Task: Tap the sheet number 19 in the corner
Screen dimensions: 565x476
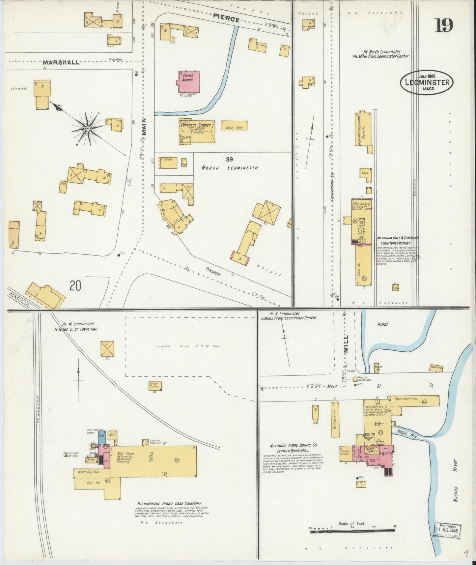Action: (443, 25)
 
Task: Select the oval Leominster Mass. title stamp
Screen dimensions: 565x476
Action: (427, 83)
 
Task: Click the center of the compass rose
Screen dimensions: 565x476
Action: (88, 128)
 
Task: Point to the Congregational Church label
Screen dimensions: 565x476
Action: (197, 125)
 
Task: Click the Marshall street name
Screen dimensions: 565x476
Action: (61, 62)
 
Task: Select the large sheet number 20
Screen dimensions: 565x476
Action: (75, 285)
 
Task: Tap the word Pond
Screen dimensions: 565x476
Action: (382, 324)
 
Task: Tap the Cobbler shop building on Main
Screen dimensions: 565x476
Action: (168, 163)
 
